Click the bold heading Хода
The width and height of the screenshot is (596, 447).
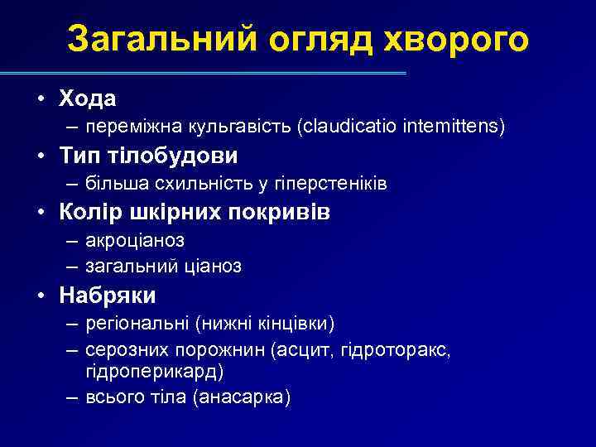(87, 98)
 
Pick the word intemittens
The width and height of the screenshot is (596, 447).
(453, 127)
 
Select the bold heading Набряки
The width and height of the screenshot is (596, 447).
(108, 295)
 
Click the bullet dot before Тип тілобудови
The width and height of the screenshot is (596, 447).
(41, 156)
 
